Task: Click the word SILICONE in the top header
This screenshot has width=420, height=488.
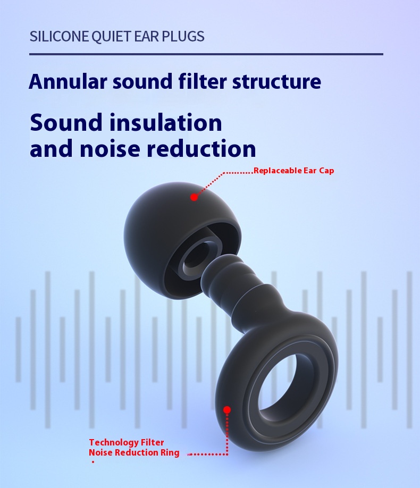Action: click(59, 36)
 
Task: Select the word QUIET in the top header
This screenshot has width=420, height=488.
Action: click(108, 37)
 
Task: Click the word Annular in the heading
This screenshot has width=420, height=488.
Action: click(68, 81)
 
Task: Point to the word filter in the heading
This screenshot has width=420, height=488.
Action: click(203, 81)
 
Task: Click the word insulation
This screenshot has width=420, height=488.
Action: click(166, 122)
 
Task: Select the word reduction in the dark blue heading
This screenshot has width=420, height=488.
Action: click(201, 148)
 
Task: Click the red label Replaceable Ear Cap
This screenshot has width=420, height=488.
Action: click(294, 171)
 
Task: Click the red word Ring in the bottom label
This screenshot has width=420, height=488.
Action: click(170, 452)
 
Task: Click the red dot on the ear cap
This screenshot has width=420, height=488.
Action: click(194, 197)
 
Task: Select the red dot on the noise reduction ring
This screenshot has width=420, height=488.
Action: click(227, 409)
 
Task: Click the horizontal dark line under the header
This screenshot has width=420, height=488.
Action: click(206, 54)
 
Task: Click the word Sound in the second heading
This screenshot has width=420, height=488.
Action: click(66, 122)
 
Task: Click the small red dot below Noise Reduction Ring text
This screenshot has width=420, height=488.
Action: click(93, 462)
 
